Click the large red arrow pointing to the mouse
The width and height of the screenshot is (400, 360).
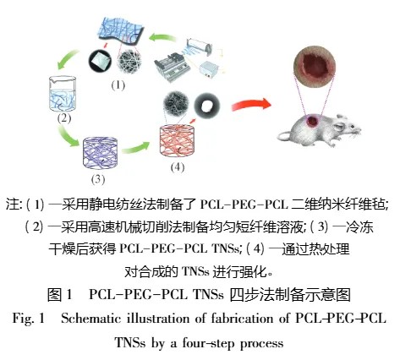251,105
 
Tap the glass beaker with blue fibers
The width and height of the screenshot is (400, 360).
63,94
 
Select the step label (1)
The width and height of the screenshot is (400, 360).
118,85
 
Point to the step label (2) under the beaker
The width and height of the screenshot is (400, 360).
64,118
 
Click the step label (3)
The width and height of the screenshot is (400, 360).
98,179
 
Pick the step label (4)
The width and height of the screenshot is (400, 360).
178,167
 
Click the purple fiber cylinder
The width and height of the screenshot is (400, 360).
100,152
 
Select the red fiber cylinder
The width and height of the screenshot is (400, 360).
177,140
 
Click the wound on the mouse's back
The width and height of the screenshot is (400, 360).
313,121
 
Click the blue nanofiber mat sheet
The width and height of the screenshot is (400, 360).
122,30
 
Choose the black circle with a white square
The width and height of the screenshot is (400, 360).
100,61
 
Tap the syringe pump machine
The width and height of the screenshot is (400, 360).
172,68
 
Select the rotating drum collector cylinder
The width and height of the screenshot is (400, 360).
199,45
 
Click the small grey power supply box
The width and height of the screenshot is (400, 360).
209,69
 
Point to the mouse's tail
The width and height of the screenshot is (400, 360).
284,136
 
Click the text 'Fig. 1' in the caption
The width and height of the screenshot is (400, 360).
29,319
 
